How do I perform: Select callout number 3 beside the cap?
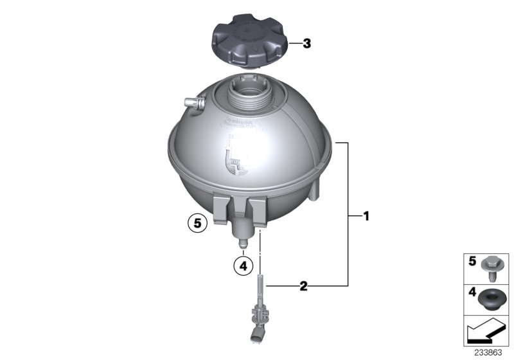tap(306, 44)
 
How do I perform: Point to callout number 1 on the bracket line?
tap(366, 217)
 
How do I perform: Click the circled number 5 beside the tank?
tap(197, 224)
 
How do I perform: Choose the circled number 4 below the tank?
tap(242, 265)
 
